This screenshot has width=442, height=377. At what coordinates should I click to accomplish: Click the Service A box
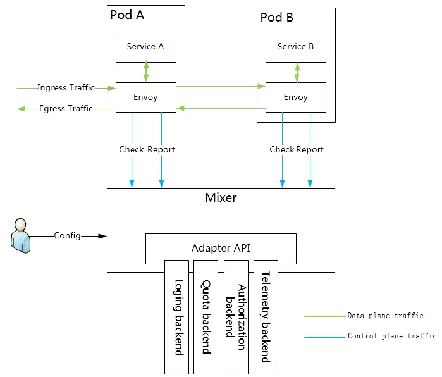(x=145, y=47)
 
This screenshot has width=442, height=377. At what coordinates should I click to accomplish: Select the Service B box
(x=295, y=47)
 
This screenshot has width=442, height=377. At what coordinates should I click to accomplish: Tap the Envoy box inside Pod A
(x=145, y=97)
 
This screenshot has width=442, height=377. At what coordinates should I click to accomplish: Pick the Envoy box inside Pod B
(x=295, y=97)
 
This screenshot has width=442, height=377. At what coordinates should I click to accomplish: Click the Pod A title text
(x=127, y=15)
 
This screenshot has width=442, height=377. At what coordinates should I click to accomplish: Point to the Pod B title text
(x=277, y=17)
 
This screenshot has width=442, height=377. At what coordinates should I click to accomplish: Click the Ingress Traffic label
(x=66, y=88)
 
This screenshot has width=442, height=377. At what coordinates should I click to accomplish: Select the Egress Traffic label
(x=66, y=109)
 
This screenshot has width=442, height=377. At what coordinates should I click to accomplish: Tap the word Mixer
(x=221, y=197)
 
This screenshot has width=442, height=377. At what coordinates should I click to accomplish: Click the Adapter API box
(x=221, y=248)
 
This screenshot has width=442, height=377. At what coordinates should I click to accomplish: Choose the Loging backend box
(x=177, y=316)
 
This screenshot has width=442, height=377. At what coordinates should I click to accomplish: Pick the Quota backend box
(x=206, y=316)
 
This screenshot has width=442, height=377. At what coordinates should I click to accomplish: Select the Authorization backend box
(x=236, y=316)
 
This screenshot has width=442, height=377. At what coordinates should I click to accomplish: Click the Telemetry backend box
(x=266, y=316)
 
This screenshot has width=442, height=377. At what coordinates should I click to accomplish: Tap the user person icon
(x=21, y=235)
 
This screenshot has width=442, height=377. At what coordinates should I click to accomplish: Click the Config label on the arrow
(x=67, y=236)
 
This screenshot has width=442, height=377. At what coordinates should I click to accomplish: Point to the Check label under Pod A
(x=132, y=150)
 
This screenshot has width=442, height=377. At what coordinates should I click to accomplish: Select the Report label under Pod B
(x=310, y=150)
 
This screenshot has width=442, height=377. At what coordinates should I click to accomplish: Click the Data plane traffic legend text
(x=385, y=316)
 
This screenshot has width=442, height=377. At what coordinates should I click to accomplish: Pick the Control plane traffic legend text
(x=392, y=337)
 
